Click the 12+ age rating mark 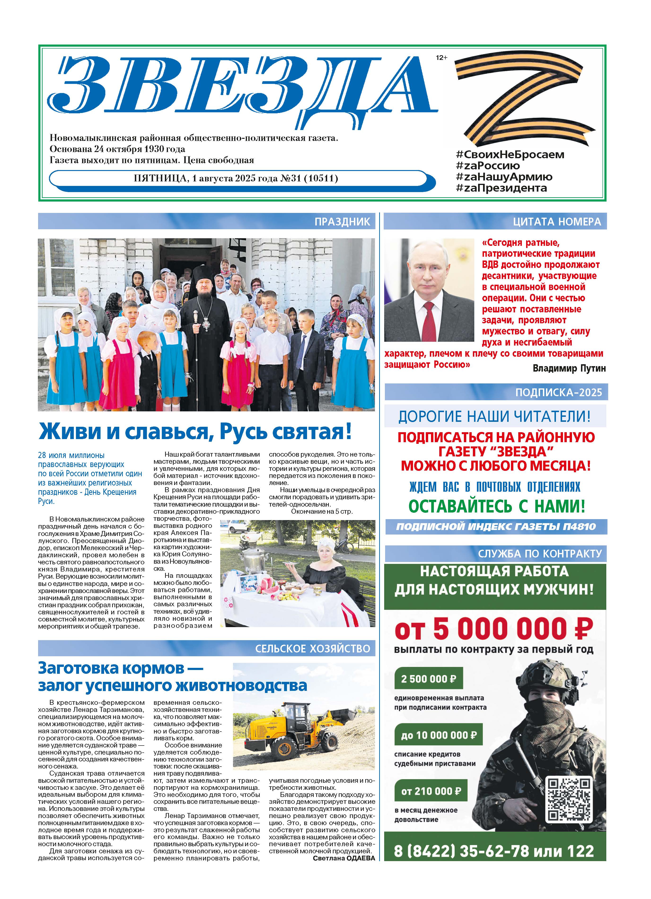tap(441, 58)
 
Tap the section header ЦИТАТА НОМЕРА tap(557, 222)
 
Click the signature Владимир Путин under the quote tap(569, 368)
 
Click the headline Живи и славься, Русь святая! tap(195, 432)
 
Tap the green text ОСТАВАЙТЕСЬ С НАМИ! tap(497, 507)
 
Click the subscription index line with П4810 tap(496, 527)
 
